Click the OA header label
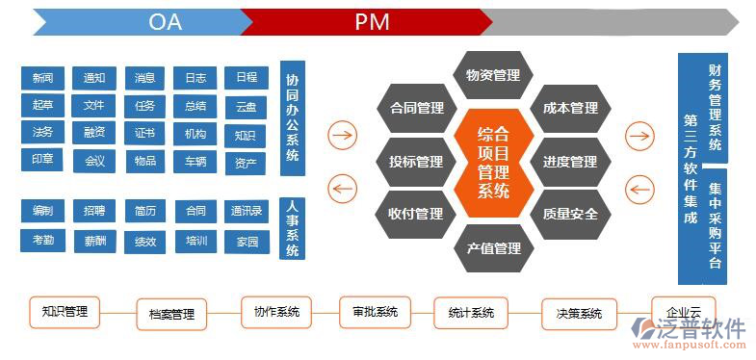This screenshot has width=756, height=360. (x=165, y=22)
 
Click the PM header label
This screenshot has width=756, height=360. (x=372, y=22)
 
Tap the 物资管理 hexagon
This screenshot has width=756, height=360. (x=492, y=75)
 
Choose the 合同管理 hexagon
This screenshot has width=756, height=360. (x=416, y=109)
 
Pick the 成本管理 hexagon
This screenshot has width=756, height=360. (x=570, y=109)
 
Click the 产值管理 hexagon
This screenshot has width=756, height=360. (x=493, y=249)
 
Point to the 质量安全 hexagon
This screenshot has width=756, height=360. (x=570, y=214)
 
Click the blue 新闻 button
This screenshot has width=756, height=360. (x=42, y=78)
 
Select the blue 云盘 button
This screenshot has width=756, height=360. (x=245, y=106)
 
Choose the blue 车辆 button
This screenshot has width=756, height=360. (x=196, y=162)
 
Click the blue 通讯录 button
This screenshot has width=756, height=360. (x=246, y=211)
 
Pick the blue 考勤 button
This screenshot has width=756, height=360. (x=42, y=240)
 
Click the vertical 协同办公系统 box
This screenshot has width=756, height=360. (x=292, y=118)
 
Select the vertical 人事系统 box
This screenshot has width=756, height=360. (x=292, y=228)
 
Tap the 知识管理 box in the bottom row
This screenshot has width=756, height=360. (x=65, y=312)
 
